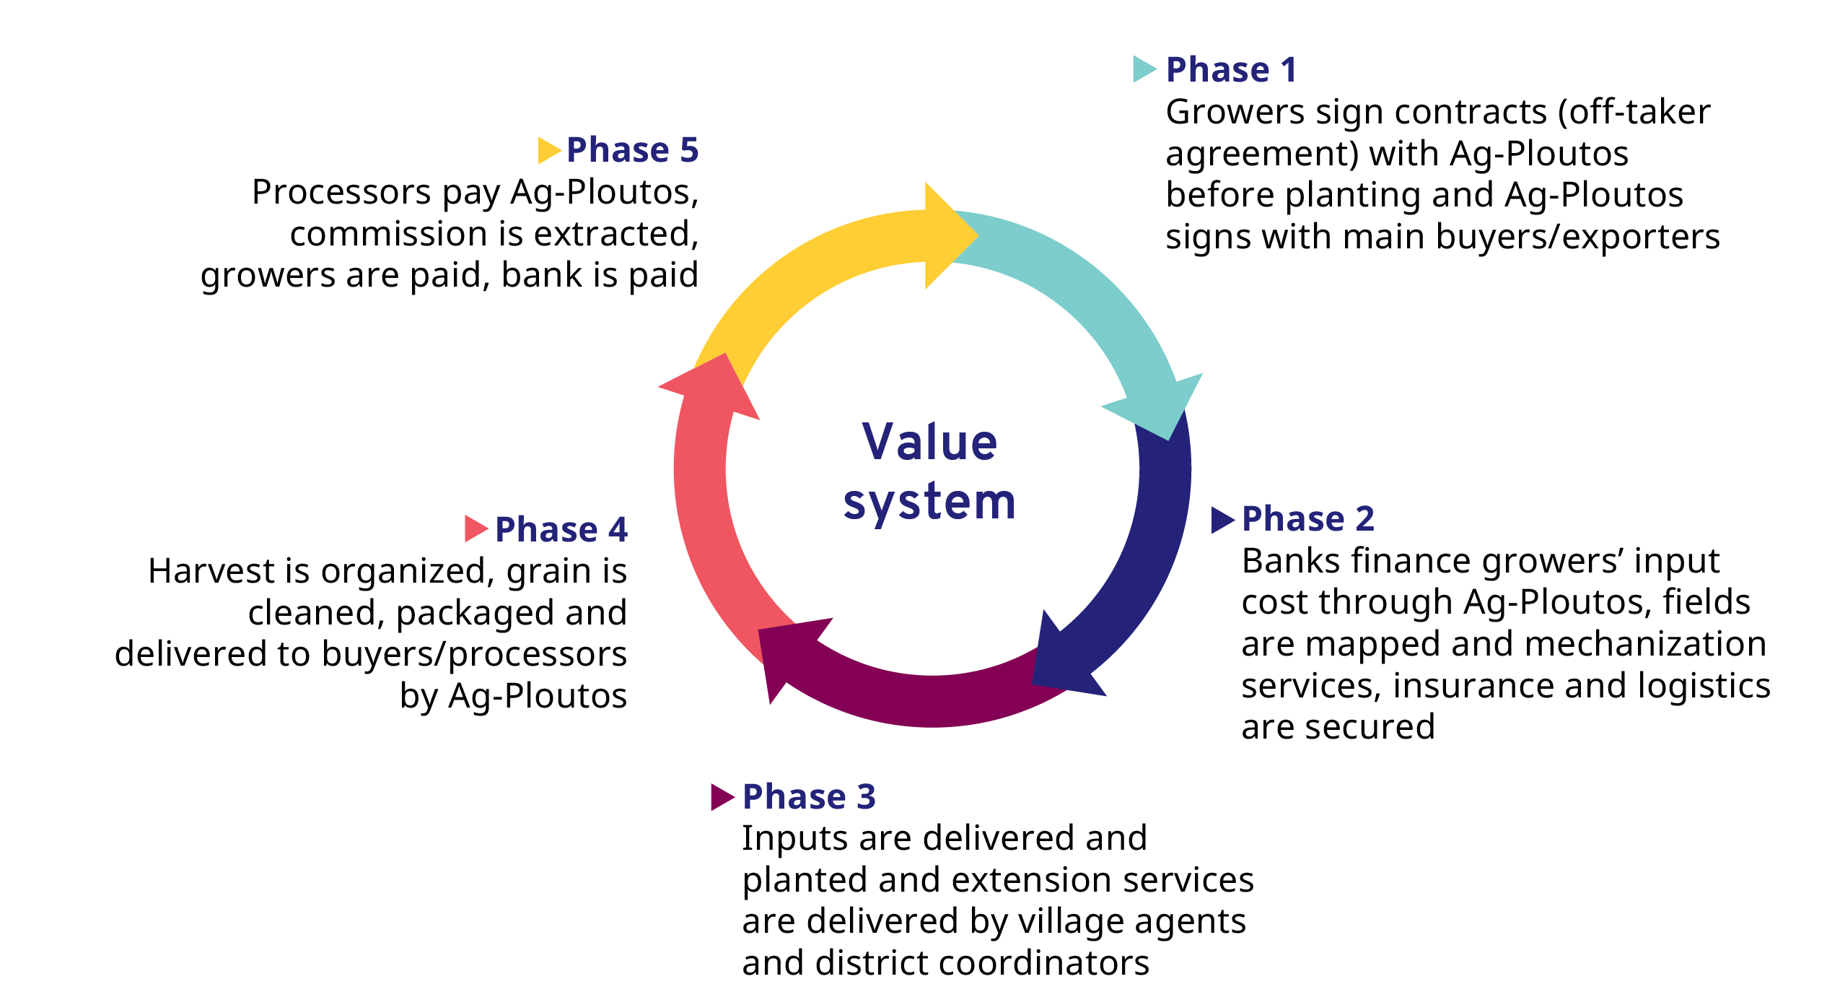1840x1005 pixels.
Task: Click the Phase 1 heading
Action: pyautogui.click(x=1231, y=70)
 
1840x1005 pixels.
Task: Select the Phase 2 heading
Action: pyautogui.click(x=1307, y=519)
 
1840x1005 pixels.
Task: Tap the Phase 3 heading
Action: pyautogui.click(x=809, y=797)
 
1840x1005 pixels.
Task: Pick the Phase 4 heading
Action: pyautogui.click(x=561, y=530)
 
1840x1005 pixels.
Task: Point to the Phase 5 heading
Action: pyautogui.click(x=632, y=150)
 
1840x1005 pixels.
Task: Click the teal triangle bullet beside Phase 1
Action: pyautogui.click(x=1143, y=69)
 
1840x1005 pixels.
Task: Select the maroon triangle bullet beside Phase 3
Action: pyautogui.click(x=721, y=797)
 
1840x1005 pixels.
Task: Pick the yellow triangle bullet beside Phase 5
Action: pyautogui.click(x=548, y=150)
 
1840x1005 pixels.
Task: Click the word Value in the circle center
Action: pyautogui.click(x=930, y=442)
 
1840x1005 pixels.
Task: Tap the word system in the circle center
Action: pyautogui.click(x=929, y=502)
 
